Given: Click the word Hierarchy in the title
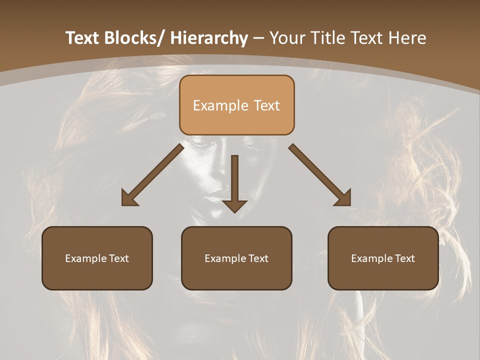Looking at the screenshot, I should coord(209,38).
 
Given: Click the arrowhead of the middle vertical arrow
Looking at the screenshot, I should coord(234,206).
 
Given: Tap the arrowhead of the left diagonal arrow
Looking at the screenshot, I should coord(128,199).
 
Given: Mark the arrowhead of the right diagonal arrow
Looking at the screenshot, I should coord(344,199).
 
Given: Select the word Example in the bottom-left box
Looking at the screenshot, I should coord(85,258).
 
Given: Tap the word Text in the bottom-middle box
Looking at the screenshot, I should coord(258,258).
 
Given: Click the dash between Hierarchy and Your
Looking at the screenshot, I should coord(258,38).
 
